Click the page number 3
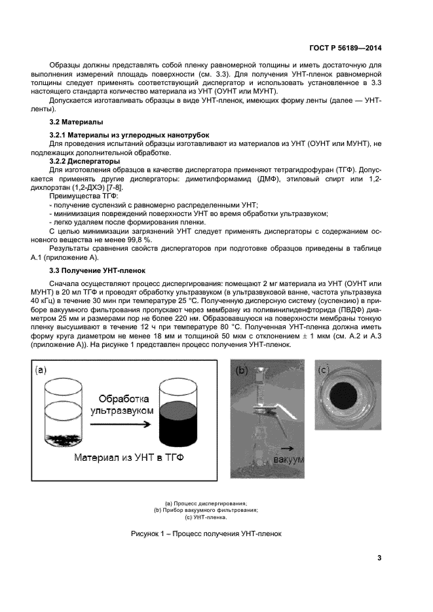point(379,558)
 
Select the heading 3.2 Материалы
point(75,122)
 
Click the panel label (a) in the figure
point(42,370)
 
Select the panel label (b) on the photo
point(242,370)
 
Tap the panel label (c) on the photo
point(324,370)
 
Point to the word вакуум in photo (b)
point(288,460)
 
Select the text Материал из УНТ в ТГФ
point(128,458)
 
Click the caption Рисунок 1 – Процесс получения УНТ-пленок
point(206,533)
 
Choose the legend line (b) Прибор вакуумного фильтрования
point(206,510)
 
